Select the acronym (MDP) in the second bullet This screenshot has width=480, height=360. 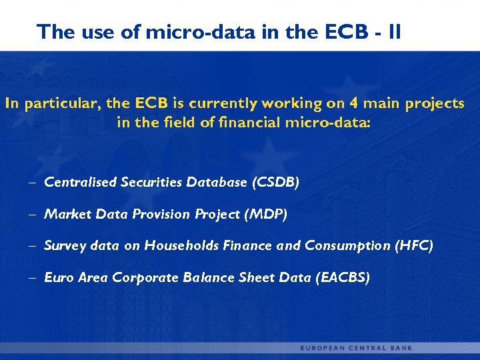click(x=266, y=214)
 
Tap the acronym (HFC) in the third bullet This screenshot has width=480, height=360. click(x=413, y=246)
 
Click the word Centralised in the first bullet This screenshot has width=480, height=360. click(x=81, y=182)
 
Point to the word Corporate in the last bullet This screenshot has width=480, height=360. click(x=139, y=277)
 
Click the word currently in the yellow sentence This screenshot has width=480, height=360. click(x=224, y=104)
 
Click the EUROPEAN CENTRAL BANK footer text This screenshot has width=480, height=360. click(x=356, y=348)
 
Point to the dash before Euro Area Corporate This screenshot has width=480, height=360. click(x=33, y=277)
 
